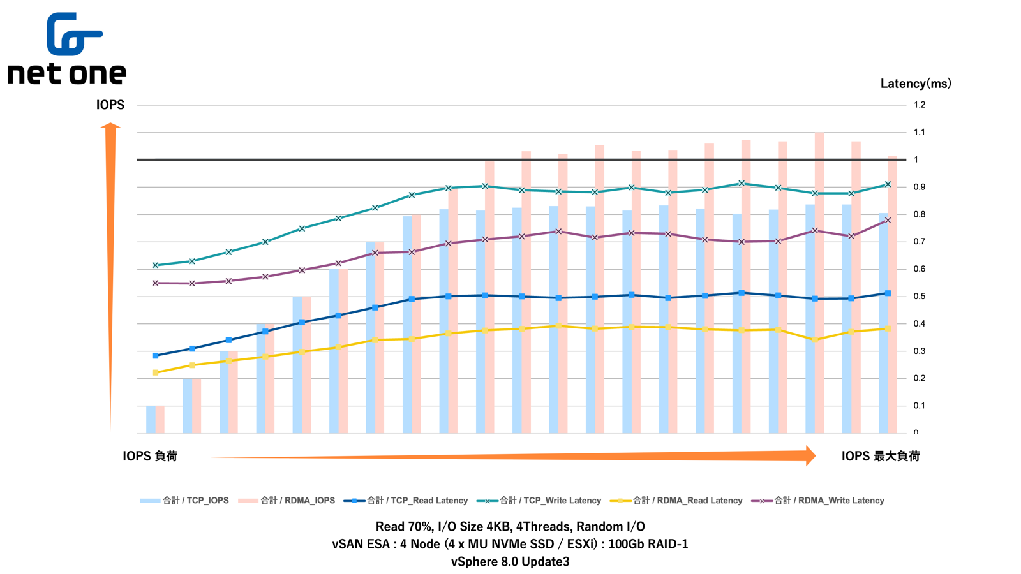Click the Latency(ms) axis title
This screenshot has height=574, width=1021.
click(915, 84)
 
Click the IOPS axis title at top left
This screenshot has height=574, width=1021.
click(110, 105)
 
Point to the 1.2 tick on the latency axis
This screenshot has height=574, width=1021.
click(919, 105)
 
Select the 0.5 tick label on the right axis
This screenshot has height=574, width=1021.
click(919, 297)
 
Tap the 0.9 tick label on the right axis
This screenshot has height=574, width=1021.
click(919, 187)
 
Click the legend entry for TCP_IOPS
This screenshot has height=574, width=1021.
click(185, 501)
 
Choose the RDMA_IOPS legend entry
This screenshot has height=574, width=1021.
click(287, 501)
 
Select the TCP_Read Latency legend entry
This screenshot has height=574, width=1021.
click(406, 501)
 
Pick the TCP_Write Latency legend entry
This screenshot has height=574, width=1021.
click(539, 501)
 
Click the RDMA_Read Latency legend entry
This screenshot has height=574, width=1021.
click(677, 501)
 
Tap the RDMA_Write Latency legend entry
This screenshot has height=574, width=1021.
click(819, 501)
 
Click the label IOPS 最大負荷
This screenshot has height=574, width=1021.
click(880, 456)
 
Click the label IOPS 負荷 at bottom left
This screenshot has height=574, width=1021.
click(150, 456)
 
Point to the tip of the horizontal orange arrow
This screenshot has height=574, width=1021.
click(815, 455)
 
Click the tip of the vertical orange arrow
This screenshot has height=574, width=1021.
click(110, 124)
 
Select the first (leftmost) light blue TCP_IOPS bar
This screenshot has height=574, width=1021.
click(151, 419)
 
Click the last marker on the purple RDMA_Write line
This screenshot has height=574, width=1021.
click(888, 221)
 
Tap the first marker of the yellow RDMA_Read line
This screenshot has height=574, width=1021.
click(156, 372)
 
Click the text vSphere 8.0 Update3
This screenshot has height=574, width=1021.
click(510, 562)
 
